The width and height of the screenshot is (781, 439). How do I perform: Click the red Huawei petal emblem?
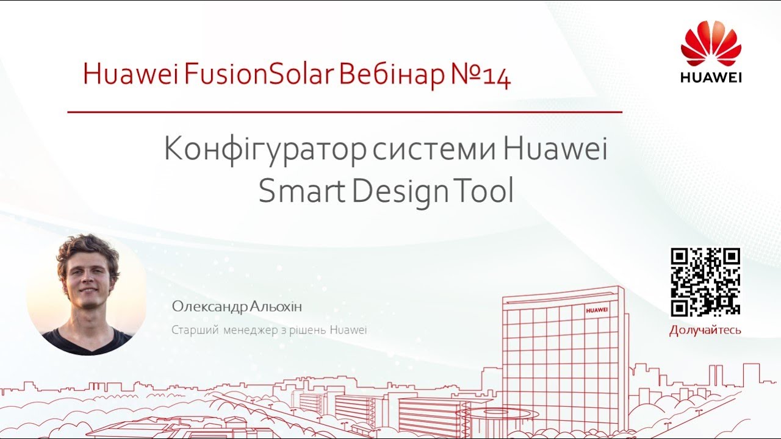711,44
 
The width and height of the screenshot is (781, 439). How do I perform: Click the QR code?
705,282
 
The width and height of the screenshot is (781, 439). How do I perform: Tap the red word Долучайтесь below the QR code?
705,330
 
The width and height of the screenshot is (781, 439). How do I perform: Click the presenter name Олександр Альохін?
237,307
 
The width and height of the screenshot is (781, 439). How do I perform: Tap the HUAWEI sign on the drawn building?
597,310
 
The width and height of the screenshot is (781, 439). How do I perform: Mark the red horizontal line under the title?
344,112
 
